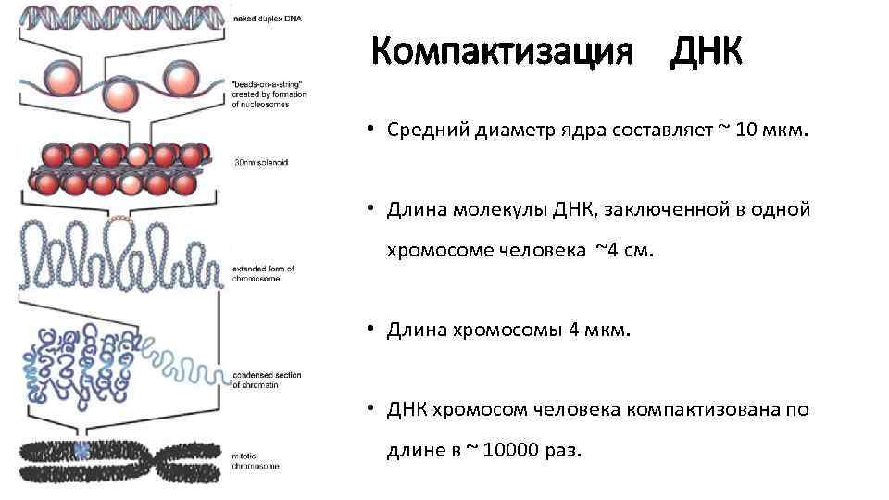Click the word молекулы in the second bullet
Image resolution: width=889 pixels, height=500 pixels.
(501, 210)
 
